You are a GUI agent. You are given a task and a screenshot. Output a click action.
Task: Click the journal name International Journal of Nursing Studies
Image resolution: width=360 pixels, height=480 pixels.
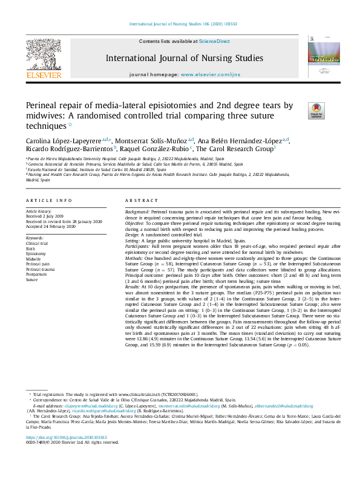(x=184, y=59)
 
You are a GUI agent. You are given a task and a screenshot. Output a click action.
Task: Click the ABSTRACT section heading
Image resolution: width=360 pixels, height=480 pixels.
(x=141, y=200)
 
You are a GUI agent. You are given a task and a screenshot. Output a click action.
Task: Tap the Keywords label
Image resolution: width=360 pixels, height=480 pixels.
(x=35, y=238)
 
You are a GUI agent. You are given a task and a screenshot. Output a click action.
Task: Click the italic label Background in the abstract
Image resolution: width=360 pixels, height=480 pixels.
(x=137, y=213)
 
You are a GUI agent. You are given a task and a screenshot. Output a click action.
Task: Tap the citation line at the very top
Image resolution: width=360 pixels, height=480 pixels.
(x=180, y=24)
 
